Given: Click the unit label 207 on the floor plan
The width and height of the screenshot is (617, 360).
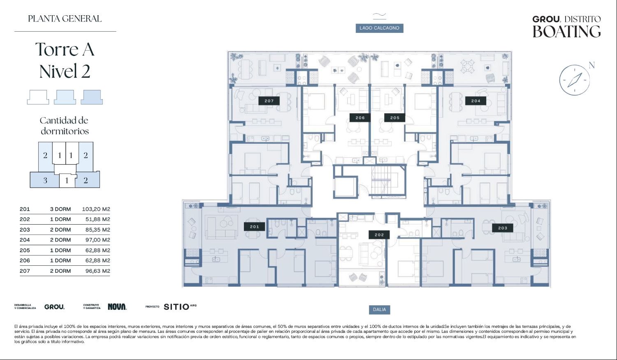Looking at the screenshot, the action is [x=269, y=101].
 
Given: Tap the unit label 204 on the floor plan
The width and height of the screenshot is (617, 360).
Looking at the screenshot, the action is [x=476, y=101].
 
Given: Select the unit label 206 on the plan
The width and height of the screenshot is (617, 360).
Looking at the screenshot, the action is [x=360, y=118].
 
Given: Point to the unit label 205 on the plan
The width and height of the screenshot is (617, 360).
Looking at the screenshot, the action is [x=395, y=118].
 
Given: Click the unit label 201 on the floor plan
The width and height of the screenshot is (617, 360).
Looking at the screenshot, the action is [x=255, y=227].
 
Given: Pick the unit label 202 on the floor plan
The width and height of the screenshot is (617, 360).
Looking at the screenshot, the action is [x=379, y=235].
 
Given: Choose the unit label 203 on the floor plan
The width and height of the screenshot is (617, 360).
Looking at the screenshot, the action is [x=503, y=228].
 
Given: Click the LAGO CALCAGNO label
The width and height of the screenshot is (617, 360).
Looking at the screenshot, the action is [x=379, y=28].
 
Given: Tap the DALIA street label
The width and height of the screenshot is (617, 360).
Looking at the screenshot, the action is [x=379, y=309].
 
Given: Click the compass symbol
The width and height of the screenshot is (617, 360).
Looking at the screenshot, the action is [x=575, y=80].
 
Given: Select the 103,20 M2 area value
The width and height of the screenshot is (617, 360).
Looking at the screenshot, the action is [x=96, y=209].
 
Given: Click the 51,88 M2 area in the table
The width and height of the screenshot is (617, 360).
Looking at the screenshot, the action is [x=98, y=219].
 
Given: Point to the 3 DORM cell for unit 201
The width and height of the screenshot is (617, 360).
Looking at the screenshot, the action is [x=60, y=209].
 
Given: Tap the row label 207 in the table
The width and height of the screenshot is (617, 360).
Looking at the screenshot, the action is [x=25, y=271].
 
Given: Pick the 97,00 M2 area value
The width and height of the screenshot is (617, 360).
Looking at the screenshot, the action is [x=98, y=240].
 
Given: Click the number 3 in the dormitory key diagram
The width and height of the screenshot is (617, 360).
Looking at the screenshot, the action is [x=45, y=181].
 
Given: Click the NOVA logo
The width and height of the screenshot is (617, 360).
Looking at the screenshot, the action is [x=117, y=307].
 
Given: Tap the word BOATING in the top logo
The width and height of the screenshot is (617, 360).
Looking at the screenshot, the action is [x=566, y=31].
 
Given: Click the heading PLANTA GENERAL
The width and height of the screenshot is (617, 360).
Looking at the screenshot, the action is [x=65, y=19].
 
